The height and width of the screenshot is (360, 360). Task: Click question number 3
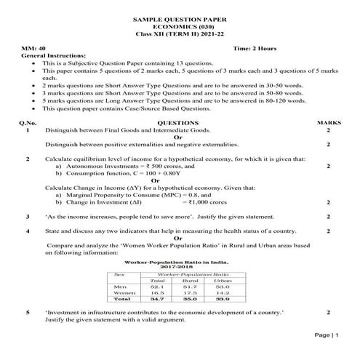[27, 217]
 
